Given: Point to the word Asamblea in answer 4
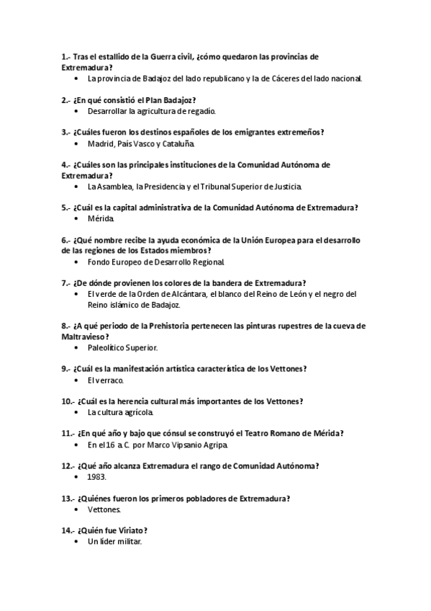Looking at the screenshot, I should (x=114, y=187).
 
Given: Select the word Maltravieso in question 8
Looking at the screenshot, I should (x=85, y=336).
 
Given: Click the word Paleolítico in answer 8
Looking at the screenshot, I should (x=107, y=347).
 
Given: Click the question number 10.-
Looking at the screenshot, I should (x=69, y=401).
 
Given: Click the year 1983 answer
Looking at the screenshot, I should (x=96, y=477).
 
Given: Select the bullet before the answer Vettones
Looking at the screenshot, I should (x=76, y=509).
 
